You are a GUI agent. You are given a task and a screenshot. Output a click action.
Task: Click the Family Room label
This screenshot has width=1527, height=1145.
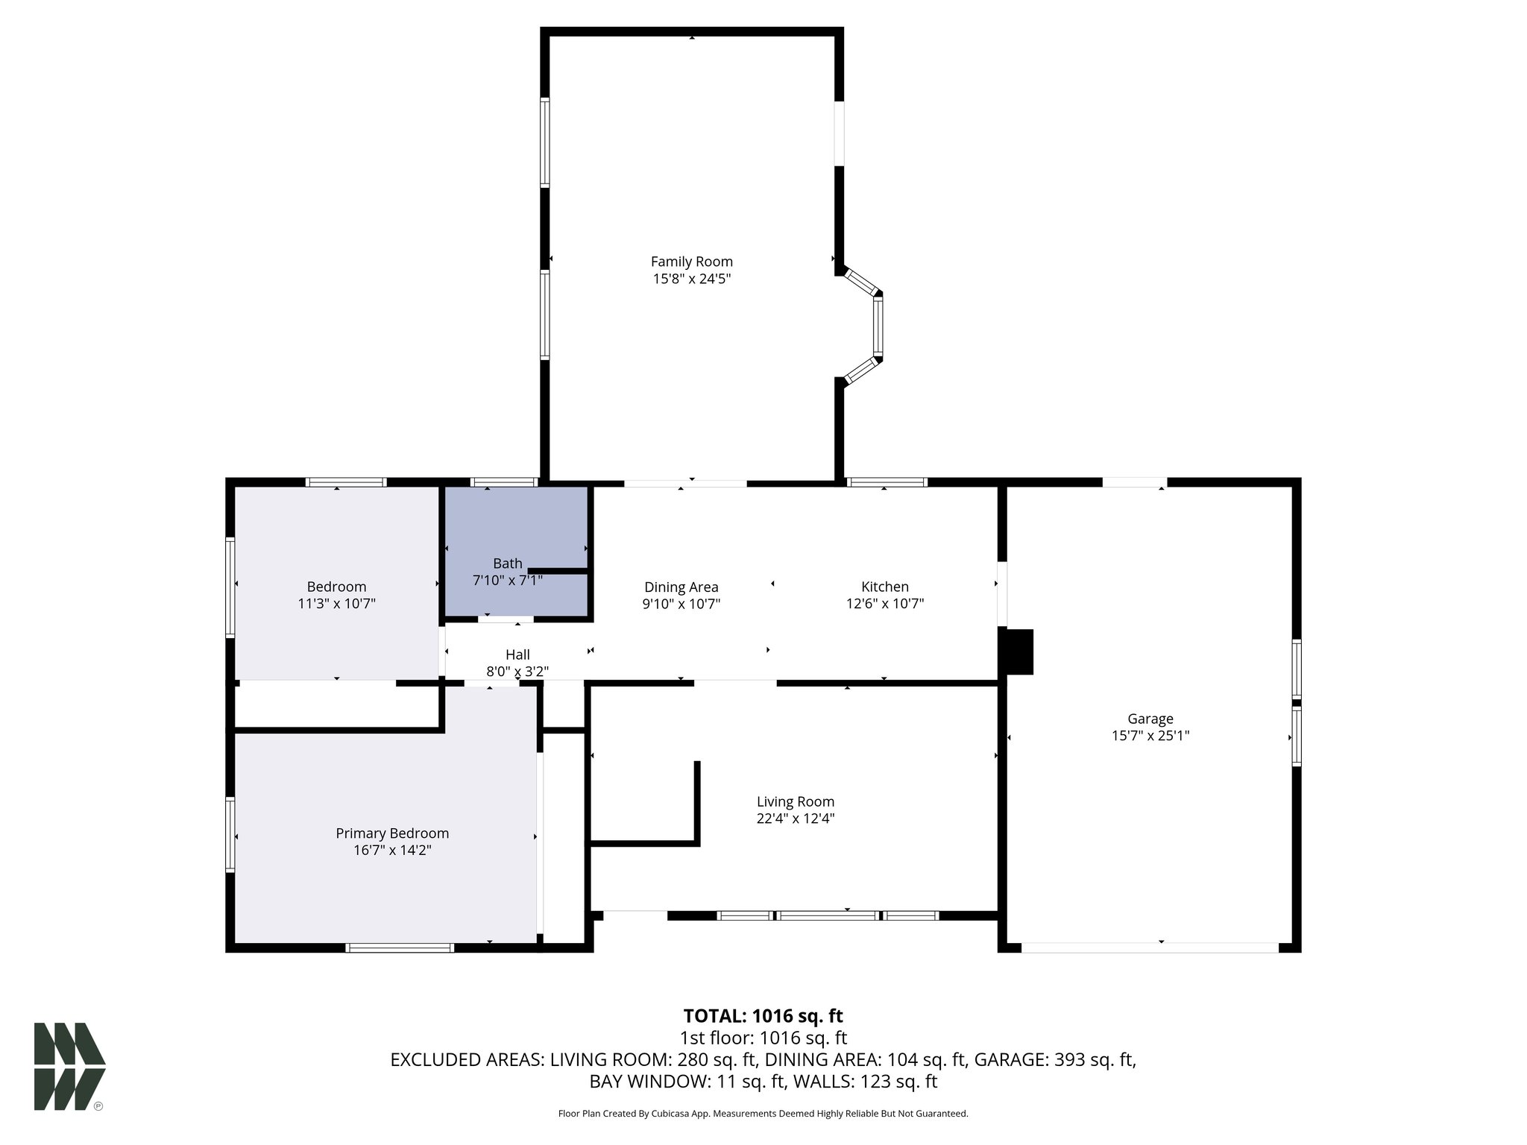click(691, 262)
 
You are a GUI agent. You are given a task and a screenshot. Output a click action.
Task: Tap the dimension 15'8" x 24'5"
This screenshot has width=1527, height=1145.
click(691, 279)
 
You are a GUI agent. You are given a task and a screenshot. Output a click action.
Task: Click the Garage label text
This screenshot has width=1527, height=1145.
click(1150, 719)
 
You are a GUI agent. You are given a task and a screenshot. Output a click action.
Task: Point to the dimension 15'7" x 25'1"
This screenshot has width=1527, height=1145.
click(1150, 736)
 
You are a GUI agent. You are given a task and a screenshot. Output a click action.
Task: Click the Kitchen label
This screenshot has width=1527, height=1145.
click(884, 587)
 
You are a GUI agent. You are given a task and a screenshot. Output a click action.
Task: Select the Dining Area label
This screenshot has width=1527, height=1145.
click(681, 587)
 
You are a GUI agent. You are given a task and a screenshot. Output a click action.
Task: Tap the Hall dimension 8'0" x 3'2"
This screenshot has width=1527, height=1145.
click(517, 671)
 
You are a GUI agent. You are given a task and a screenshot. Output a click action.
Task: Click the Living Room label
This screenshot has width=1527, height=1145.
click(795, 801)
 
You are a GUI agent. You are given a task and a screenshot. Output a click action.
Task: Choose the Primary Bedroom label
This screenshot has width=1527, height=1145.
click(392, 833)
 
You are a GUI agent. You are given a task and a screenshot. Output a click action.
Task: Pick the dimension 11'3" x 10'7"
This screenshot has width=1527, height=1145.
click(336, 604)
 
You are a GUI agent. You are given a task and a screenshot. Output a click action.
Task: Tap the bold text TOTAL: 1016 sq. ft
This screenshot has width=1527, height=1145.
click(763, 1016)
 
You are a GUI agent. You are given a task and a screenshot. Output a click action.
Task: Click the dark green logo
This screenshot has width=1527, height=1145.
click(69, 1066)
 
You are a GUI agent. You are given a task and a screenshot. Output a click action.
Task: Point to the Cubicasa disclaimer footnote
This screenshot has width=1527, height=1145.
click(763, 1114)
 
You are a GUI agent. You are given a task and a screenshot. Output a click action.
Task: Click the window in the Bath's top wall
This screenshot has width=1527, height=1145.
click(505, 482)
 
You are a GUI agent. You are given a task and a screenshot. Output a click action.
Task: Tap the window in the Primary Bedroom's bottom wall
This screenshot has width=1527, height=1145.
click(400, 948)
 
